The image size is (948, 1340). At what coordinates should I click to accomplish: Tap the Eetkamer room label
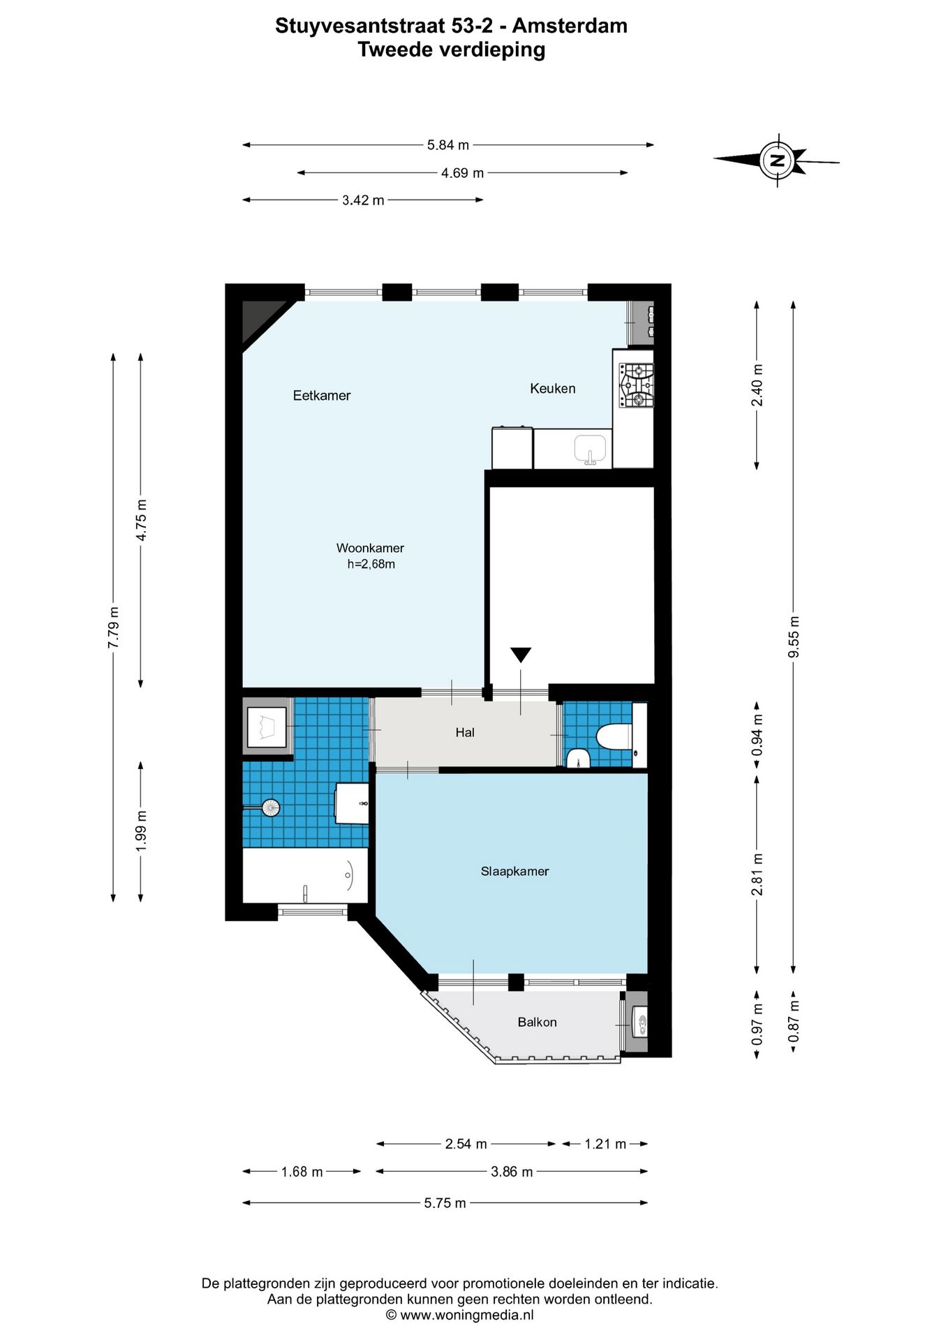coord(321,396)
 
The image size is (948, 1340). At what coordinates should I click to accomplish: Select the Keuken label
coord(552,389)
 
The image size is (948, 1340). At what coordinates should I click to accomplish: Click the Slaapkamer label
coord(514,871)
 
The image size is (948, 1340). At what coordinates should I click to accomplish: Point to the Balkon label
coord(537,1022)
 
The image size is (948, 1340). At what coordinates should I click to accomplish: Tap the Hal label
coord(465,732)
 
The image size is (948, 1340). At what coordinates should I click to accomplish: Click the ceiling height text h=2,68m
coord(371,564)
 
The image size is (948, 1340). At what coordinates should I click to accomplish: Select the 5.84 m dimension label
coord(448,145)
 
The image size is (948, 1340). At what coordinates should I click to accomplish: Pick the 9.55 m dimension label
coord(793,636)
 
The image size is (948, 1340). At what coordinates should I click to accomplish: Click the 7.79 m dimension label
coord(113,627)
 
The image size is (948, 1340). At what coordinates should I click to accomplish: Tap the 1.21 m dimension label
coord(605,1144)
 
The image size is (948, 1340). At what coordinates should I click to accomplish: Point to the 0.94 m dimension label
coord(757,735)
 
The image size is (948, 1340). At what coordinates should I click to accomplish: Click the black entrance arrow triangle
coord(521,655)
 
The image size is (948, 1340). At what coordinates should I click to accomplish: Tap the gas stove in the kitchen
coord(636,385)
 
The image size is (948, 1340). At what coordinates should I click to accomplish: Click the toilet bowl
coord(614,736)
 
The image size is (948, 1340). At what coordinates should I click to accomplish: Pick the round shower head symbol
coord(270,808)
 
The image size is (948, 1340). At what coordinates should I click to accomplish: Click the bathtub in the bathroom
coord(304,875)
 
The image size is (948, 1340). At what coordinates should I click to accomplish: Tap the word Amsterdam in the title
coord(570,26)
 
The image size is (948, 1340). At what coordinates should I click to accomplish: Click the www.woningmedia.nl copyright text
coord(460,1315)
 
